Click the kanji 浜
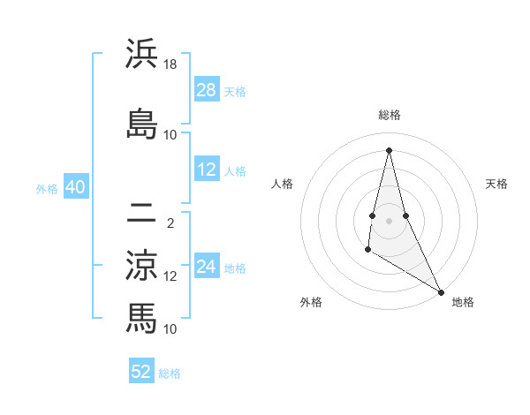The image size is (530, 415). tap(141, 54)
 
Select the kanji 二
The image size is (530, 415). tap(141, 214)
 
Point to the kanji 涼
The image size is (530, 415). tap(141, 265)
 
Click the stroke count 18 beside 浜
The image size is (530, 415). tap(170, 65)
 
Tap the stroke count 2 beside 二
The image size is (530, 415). tap(170, 224)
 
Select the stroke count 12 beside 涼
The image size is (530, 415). tap(170, 276)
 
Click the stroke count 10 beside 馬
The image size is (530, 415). tap(170, 328)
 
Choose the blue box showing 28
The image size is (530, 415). tap(207, 90)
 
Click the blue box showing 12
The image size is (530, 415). tap(207, 170)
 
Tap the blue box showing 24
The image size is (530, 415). tap(207, 267)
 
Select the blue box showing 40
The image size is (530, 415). tap(76, 187)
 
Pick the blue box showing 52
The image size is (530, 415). tap(141, 372)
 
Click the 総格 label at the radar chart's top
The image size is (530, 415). tap(390, 115)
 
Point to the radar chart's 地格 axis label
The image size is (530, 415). tap(463, 303)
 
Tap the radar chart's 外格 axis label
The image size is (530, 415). tap(311, 303)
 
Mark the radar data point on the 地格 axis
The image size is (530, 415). tap(442, 291)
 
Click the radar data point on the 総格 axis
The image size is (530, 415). tap(390, 149)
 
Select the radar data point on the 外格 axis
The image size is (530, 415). tap(367, 250)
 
